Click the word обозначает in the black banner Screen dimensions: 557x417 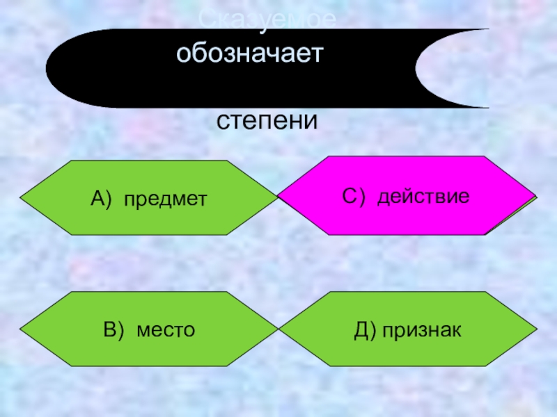(x=250, y=53)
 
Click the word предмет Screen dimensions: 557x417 (x=166, y=199)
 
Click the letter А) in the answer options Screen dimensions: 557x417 (x=102, y=199)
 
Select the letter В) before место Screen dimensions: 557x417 (x=116, y=329)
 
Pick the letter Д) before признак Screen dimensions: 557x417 (x=364, y=329)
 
